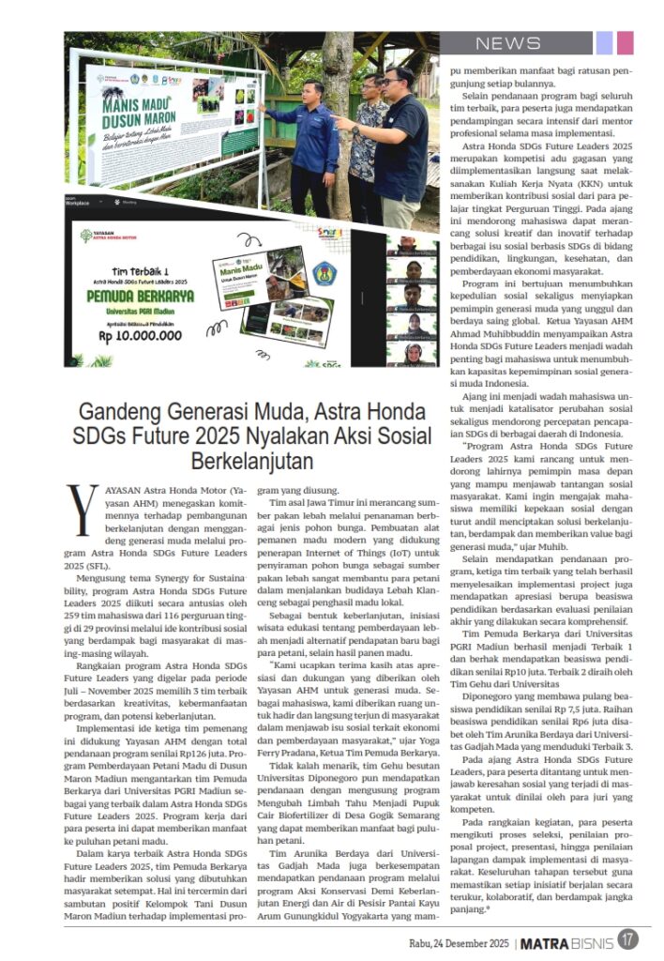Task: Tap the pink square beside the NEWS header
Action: [x=626, y=43]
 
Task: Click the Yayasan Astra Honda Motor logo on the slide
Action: [x=111, y=235]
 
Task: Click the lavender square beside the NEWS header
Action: [x=605, y=43]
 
